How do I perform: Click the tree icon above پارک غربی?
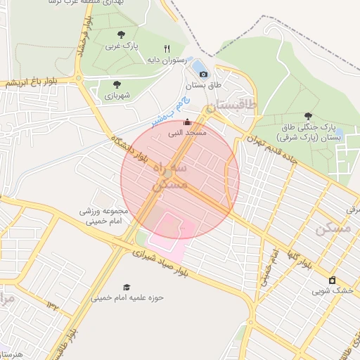tap(122, 34)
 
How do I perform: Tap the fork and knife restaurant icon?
tap(167, 49)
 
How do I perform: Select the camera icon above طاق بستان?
tap(203, 74)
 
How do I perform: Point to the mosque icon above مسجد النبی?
tap(186, 122)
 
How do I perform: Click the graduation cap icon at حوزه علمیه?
tap(127, 287)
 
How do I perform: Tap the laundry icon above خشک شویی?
tap(333, 280)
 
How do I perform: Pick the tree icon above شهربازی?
tap(117, 84)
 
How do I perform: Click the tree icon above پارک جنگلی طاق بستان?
tap(307, 116)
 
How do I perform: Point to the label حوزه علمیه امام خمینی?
tap(127, 297)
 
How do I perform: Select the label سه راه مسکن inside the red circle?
tap(170, 176)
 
